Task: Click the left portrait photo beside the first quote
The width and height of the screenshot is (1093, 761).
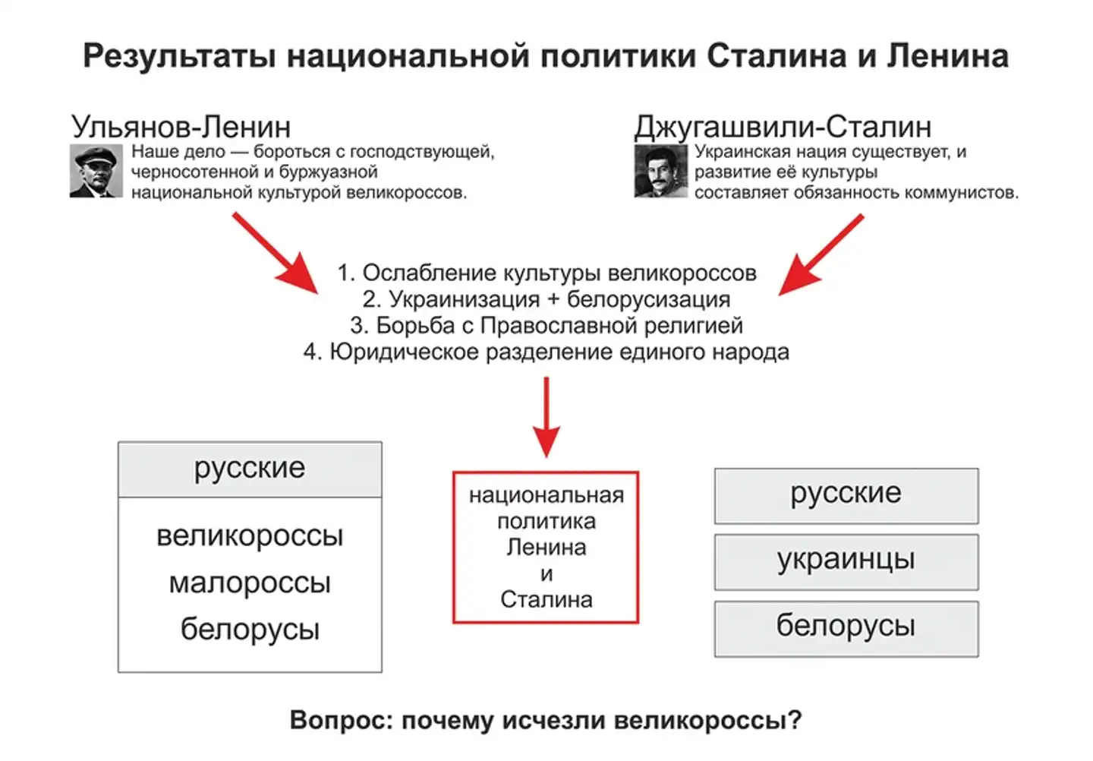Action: coord(96,172)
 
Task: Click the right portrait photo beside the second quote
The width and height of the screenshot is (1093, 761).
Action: coord(660,172)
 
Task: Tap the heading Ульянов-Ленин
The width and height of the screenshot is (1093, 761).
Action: coord(181,127)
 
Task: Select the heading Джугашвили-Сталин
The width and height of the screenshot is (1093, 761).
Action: coord(783,127)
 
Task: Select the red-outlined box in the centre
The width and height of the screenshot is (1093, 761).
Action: coord(546,547)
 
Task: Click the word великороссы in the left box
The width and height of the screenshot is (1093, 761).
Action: coord(250,536)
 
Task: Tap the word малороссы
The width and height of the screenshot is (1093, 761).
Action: coord(250,583)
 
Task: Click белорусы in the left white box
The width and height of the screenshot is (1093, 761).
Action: coord(250,630)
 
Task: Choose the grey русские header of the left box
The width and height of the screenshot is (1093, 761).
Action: coord(250,469)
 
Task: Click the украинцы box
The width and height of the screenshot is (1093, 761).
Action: coord(846,560)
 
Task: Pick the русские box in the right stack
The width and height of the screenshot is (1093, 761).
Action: coord(846,494)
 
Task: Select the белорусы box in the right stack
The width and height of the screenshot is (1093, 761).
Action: coord(846,627)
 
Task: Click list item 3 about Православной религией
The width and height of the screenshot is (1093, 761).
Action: coord(546,326)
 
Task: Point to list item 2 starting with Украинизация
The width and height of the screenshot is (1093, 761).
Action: coord(546,299)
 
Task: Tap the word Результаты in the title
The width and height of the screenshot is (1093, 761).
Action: coord(179,57)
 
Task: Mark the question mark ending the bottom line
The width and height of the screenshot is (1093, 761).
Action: coord(795,720)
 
